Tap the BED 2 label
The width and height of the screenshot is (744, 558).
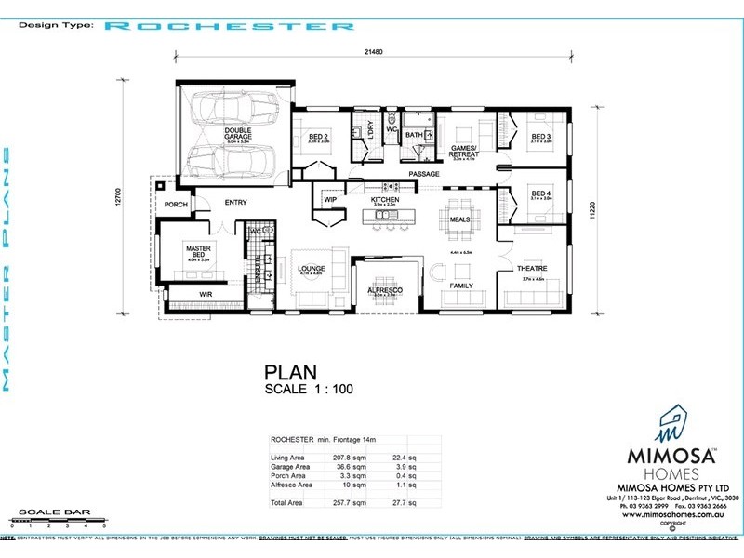[319, 137]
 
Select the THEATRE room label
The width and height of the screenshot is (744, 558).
[532, 268]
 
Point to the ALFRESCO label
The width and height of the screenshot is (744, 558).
[384, 289]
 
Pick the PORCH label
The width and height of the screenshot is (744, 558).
[176, 205]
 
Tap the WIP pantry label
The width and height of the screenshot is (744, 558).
[329, 200]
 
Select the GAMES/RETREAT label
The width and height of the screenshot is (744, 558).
[464, 151]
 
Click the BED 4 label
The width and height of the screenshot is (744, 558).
[541, 193]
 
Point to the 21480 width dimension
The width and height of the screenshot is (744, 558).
[377, 51]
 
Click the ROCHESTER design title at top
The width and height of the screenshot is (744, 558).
[229, 26]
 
